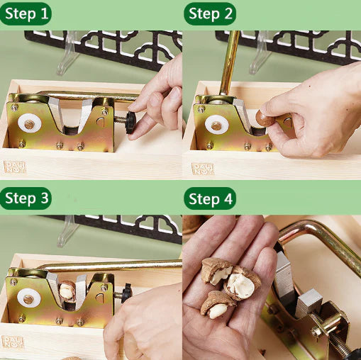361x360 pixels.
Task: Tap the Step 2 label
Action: click(x=209, y=13)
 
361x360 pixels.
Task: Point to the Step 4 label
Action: click(x=209, y=198)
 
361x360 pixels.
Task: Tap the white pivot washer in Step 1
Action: click(x=29, y=124)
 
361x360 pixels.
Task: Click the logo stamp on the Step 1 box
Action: click(x=13, y=167)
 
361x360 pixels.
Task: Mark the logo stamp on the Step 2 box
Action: click(x=202, y=168)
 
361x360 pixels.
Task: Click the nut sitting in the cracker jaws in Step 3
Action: click(x=67, y=291)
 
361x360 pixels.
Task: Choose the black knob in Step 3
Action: click(x=127, y=291)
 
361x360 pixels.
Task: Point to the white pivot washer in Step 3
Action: click(x=28, y=298)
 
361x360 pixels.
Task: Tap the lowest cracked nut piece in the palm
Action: click(x=218, y=308)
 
